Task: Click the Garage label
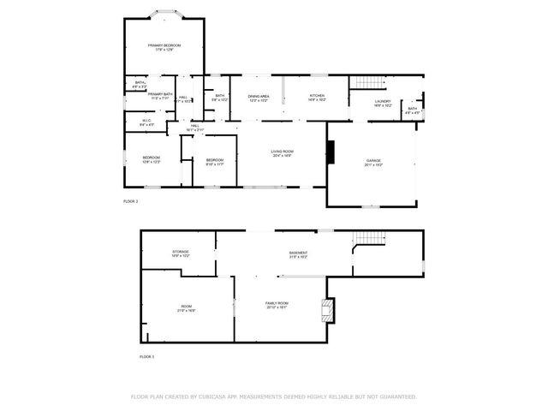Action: click(x=373, y=162)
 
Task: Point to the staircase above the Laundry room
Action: click(x=366, y=83)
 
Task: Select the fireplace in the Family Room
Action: click(x=325, y=308)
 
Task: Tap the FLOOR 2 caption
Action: click(x=131, y=201)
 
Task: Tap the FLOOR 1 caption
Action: click(x=147, y=356)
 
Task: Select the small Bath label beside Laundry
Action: click(x=412, y=110)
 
